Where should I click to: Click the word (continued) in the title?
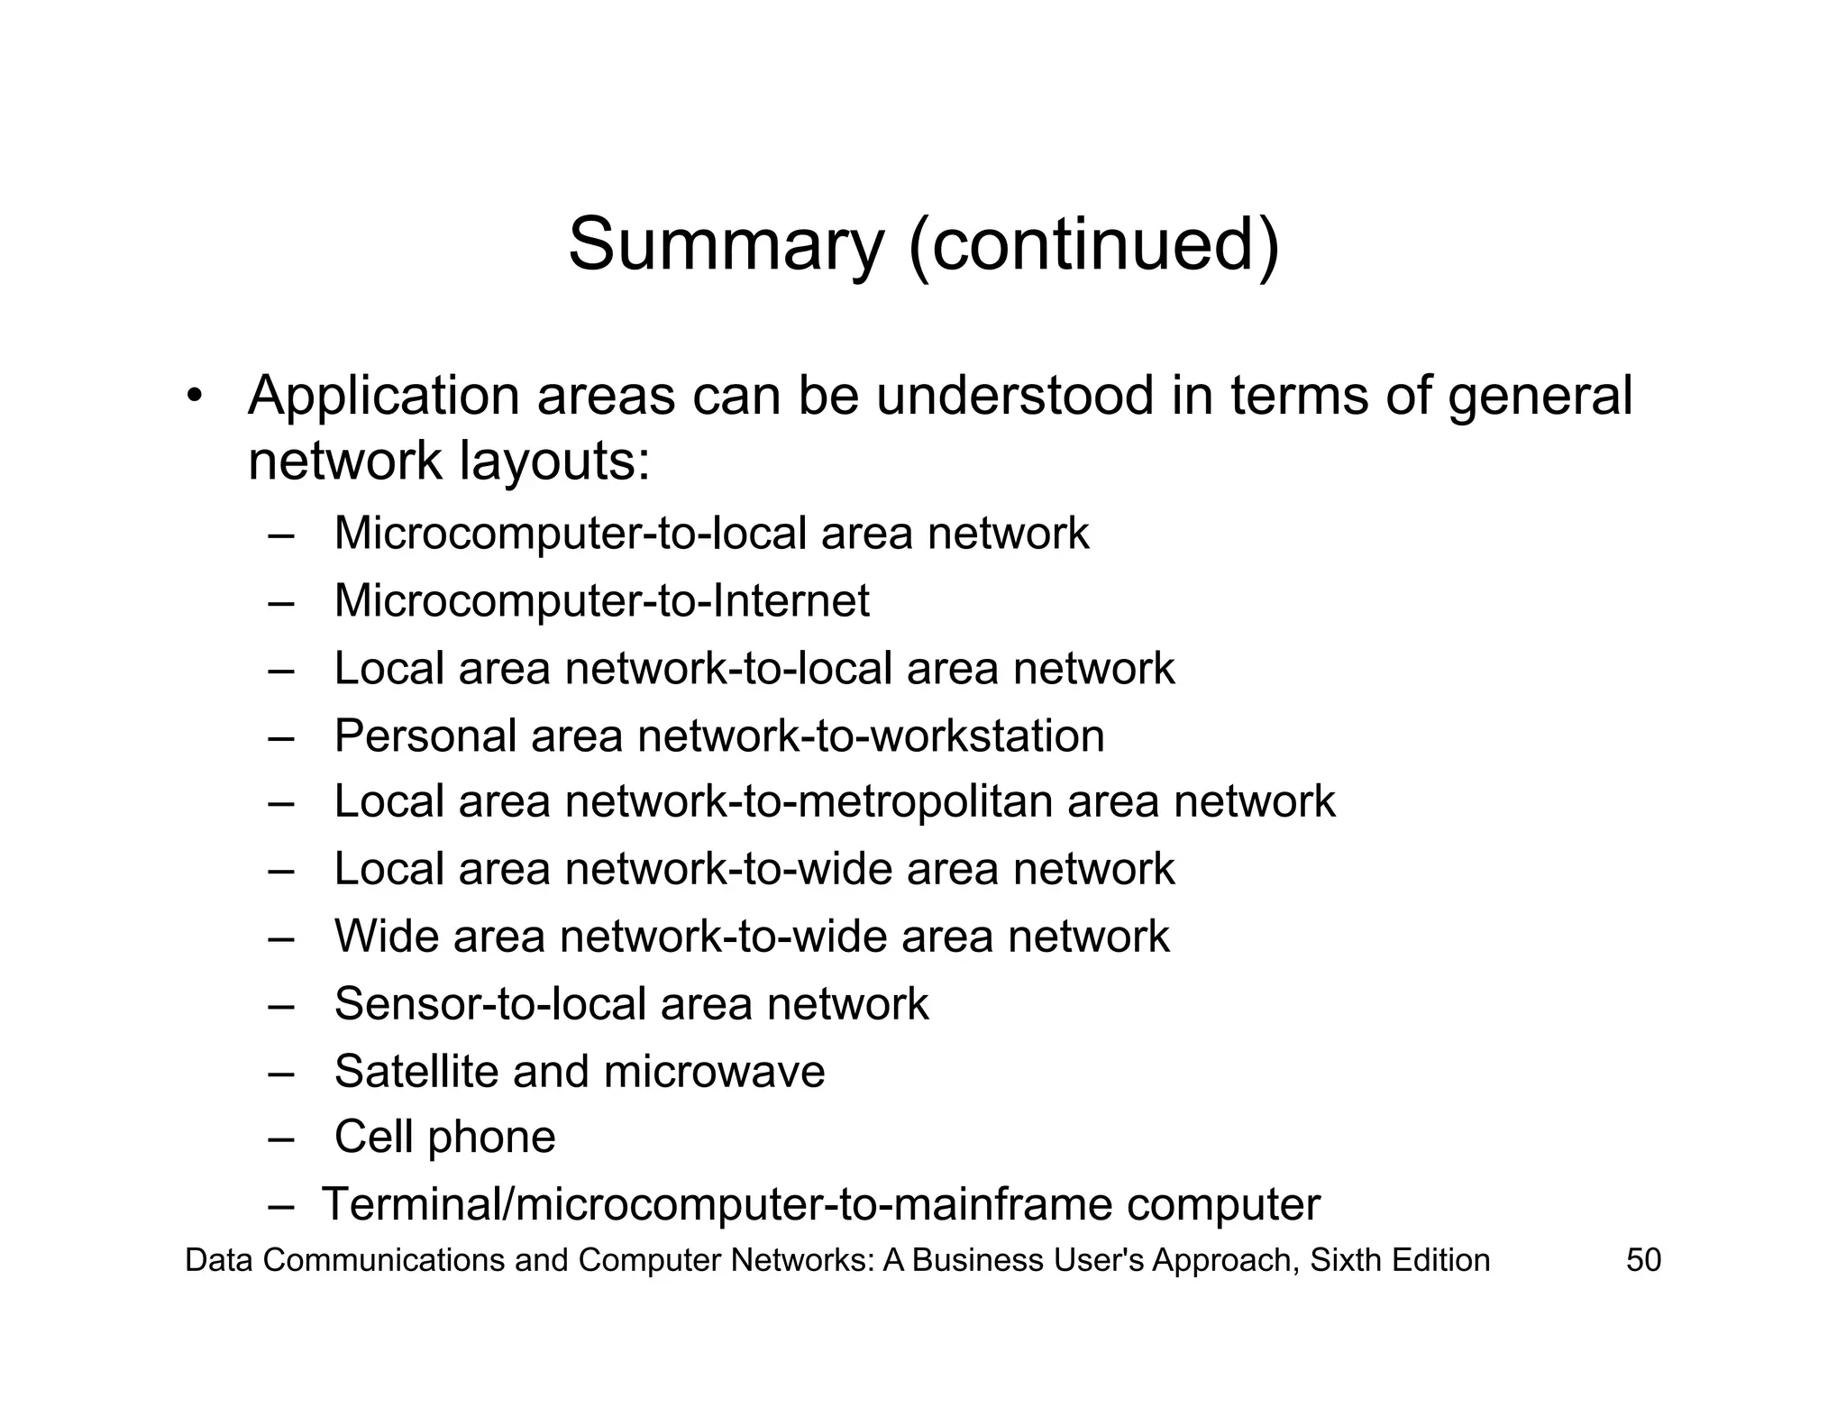[1093, 245]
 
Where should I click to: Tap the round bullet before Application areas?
[193, 398]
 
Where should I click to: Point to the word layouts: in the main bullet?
[554, 462]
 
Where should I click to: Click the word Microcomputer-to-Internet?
[601, 600]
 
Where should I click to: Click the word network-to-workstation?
[871, 736]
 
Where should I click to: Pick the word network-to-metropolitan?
[809, 801]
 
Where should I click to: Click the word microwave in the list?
[714, 1071]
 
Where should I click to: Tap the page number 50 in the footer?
[1643, 1260]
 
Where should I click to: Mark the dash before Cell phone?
[281, 1138]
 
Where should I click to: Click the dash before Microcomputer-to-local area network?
[281, 535]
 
